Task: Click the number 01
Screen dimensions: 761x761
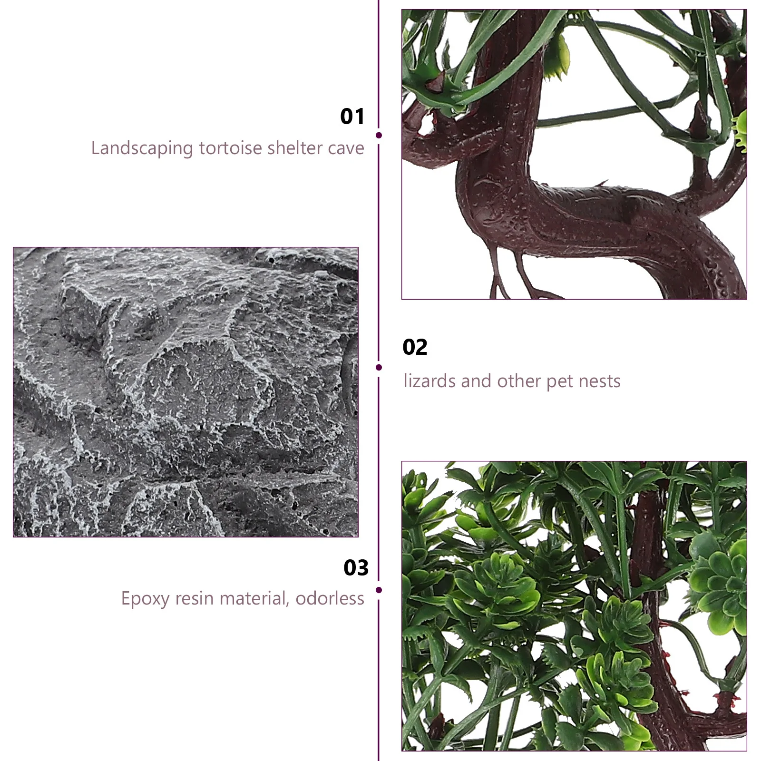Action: click(352, 117)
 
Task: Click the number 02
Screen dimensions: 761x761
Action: click(415, 347)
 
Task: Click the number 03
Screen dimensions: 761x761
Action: click(356, 567)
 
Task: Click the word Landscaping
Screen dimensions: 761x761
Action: click(142, 148)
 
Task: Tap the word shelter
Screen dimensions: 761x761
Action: click(293, 148)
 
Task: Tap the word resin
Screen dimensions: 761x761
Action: click(192, 598)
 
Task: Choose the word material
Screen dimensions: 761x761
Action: click(252, 598)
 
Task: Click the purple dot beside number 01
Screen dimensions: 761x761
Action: click(379, 136)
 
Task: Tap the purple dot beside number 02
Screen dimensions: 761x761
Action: click(379, 367)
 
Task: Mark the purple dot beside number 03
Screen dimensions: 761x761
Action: click(379, 590)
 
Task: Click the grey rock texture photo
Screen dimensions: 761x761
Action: click(185, 392)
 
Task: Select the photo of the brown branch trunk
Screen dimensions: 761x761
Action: click(574, 154)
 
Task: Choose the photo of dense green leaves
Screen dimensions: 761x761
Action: click(574, 606)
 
